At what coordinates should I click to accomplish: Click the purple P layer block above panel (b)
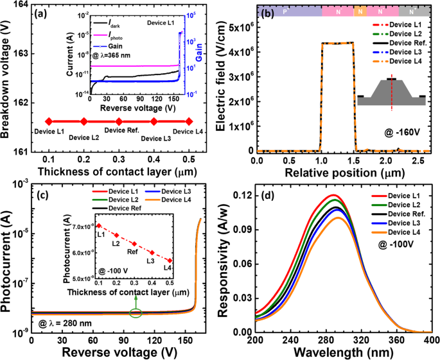tap(289, 12)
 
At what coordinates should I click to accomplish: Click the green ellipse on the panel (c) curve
tap(136, 313)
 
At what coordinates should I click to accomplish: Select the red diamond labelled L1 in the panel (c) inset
tap(98, 226)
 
